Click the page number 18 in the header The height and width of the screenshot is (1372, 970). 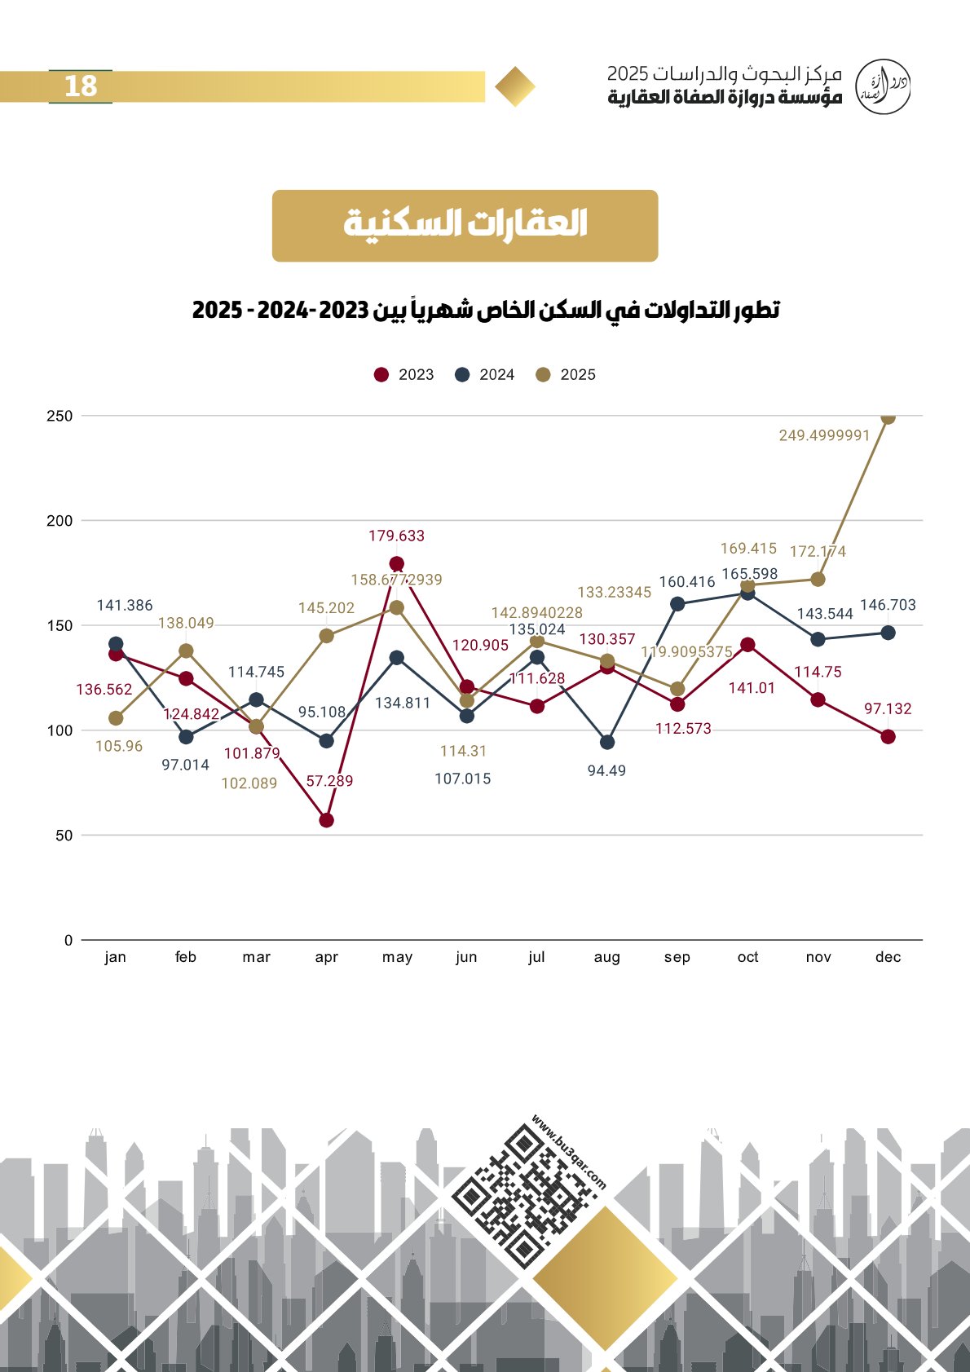point(81,86)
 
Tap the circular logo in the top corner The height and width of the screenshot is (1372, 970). point(883,87)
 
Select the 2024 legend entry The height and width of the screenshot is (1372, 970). point(484,375)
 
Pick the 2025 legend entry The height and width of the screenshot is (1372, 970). point(565,375)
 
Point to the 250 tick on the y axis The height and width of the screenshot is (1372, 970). point(60,416)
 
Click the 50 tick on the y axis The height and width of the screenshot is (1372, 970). point(64,836)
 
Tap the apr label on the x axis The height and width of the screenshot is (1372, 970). point(326,957)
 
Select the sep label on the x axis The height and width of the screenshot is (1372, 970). point(677,957)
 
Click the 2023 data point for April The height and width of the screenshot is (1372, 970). point(326,820)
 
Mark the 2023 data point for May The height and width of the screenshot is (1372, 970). point(397,563)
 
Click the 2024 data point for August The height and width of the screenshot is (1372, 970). point(607,743)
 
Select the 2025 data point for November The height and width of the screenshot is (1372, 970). point(818,579)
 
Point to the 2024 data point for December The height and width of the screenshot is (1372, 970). point(888,633)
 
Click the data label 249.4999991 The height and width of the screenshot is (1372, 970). point(824,435)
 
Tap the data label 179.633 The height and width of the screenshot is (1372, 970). point(396,536)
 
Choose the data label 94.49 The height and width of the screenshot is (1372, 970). point(607,770)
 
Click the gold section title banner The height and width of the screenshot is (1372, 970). point(465,226)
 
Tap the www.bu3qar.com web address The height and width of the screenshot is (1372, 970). point(568,1152)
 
